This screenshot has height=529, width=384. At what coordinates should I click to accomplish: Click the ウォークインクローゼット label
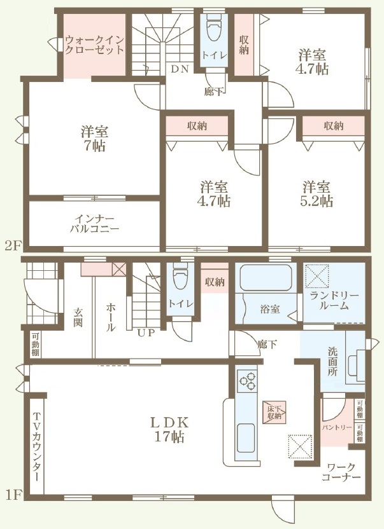[94, 45]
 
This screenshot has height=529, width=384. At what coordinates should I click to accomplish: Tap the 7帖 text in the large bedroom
[95, 146]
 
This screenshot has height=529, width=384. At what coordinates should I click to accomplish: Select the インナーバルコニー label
[95, 223]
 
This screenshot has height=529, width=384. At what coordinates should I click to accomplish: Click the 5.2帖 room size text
[316, 201]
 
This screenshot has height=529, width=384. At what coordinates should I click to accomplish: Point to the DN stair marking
[180, 69]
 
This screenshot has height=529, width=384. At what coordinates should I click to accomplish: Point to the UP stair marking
[146, 333]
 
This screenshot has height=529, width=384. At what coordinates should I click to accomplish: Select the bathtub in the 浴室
[266, 277]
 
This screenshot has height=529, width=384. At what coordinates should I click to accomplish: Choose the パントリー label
[336, 427]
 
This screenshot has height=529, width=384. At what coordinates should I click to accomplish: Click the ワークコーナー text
[341, 472]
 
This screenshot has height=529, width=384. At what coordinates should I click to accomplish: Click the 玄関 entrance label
[78, 317]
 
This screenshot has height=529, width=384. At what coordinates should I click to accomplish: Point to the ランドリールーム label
[334, 301]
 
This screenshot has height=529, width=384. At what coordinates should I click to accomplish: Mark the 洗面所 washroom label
[332, 362]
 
